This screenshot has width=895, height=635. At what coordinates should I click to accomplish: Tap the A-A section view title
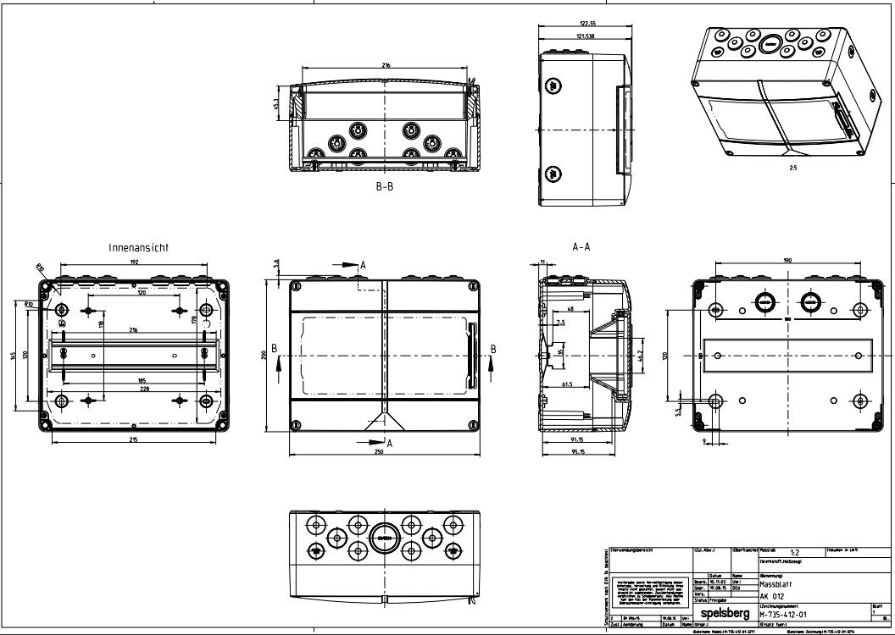(581, 247)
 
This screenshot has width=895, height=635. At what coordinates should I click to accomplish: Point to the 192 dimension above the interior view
(134, 263)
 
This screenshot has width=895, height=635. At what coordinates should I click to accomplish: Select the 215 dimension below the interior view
(133, 441)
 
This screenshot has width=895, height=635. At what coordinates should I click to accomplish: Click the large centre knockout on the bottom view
(384, 538)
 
